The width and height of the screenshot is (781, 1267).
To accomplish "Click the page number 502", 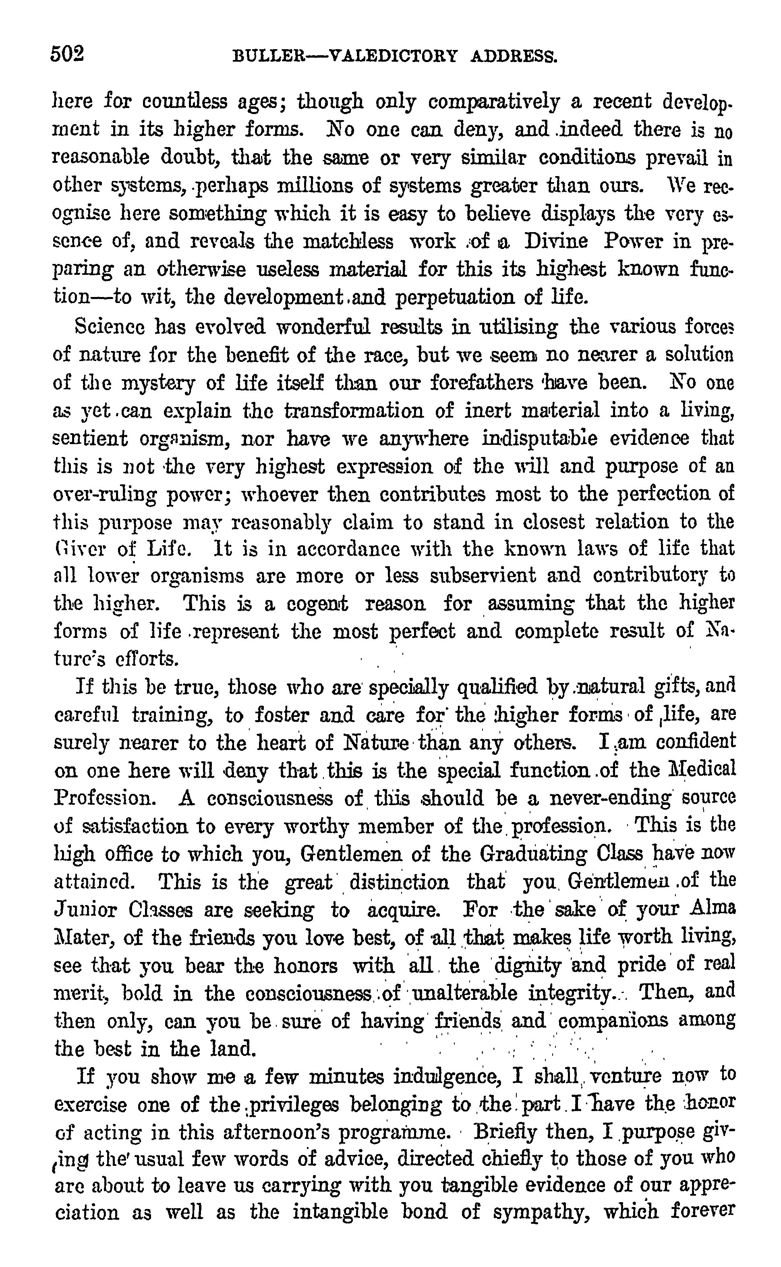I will pyautogui.click(x=67, y=54).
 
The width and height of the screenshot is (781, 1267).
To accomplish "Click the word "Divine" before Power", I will pyautogui.click(x=556, y=241).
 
